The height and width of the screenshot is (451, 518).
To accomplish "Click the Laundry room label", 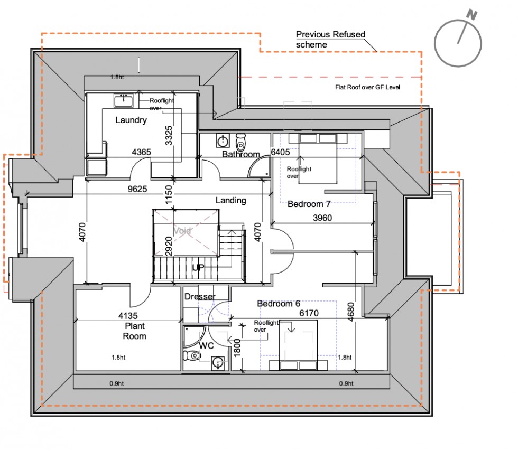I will coord(131,120).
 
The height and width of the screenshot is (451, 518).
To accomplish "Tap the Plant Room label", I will coord(134,331).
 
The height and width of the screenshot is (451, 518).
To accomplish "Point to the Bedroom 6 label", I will coord(279,304).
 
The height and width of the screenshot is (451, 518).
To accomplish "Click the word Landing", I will coord(232,201).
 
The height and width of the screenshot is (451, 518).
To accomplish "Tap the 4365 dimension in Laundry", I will coord(141,152).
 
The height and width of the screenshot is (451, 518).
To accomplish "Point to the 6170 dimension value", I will coord(310,314).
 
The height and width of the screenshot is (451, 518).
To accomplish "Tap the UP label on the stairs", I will coord(198,268).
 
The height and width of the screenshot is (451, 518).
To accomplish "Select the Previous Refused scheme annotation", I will coord(330,40).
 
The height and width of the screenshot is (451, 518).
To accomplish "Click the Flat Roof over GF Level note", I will coord(367,87).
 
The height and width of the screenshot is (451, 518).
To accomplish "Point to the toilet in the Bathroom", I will coord(240,142).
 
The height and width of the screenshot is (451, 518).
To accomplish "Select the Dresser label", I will coord(200,297).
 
